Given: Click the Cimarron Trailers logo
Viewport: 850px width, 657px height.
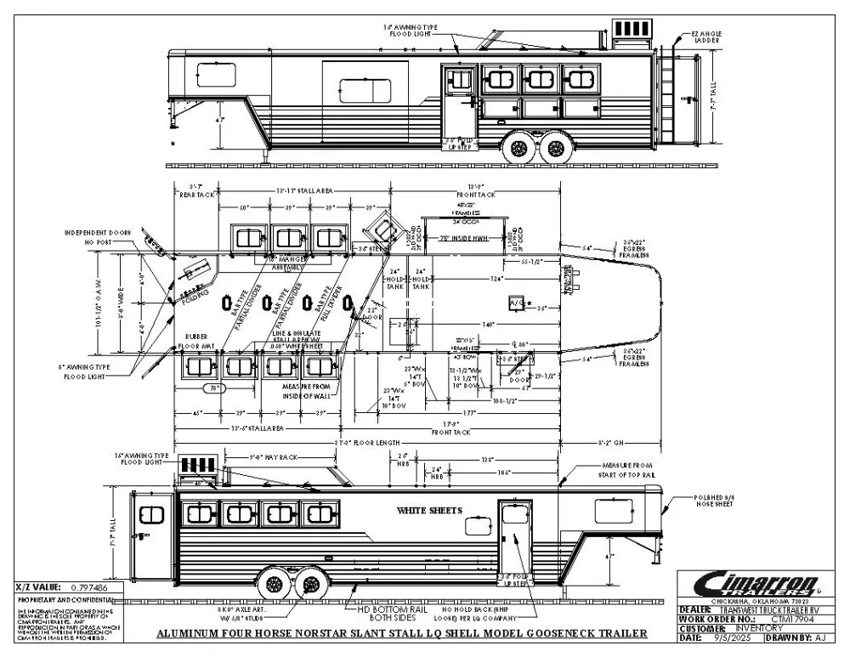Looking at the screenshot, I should [759, 585].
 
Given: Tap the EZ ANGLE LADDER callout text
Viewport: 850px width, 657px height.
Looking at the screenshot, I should [707, 37].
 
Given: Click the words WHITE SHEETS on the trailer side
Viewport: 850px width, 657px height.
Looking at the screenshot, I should [429, 511].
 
